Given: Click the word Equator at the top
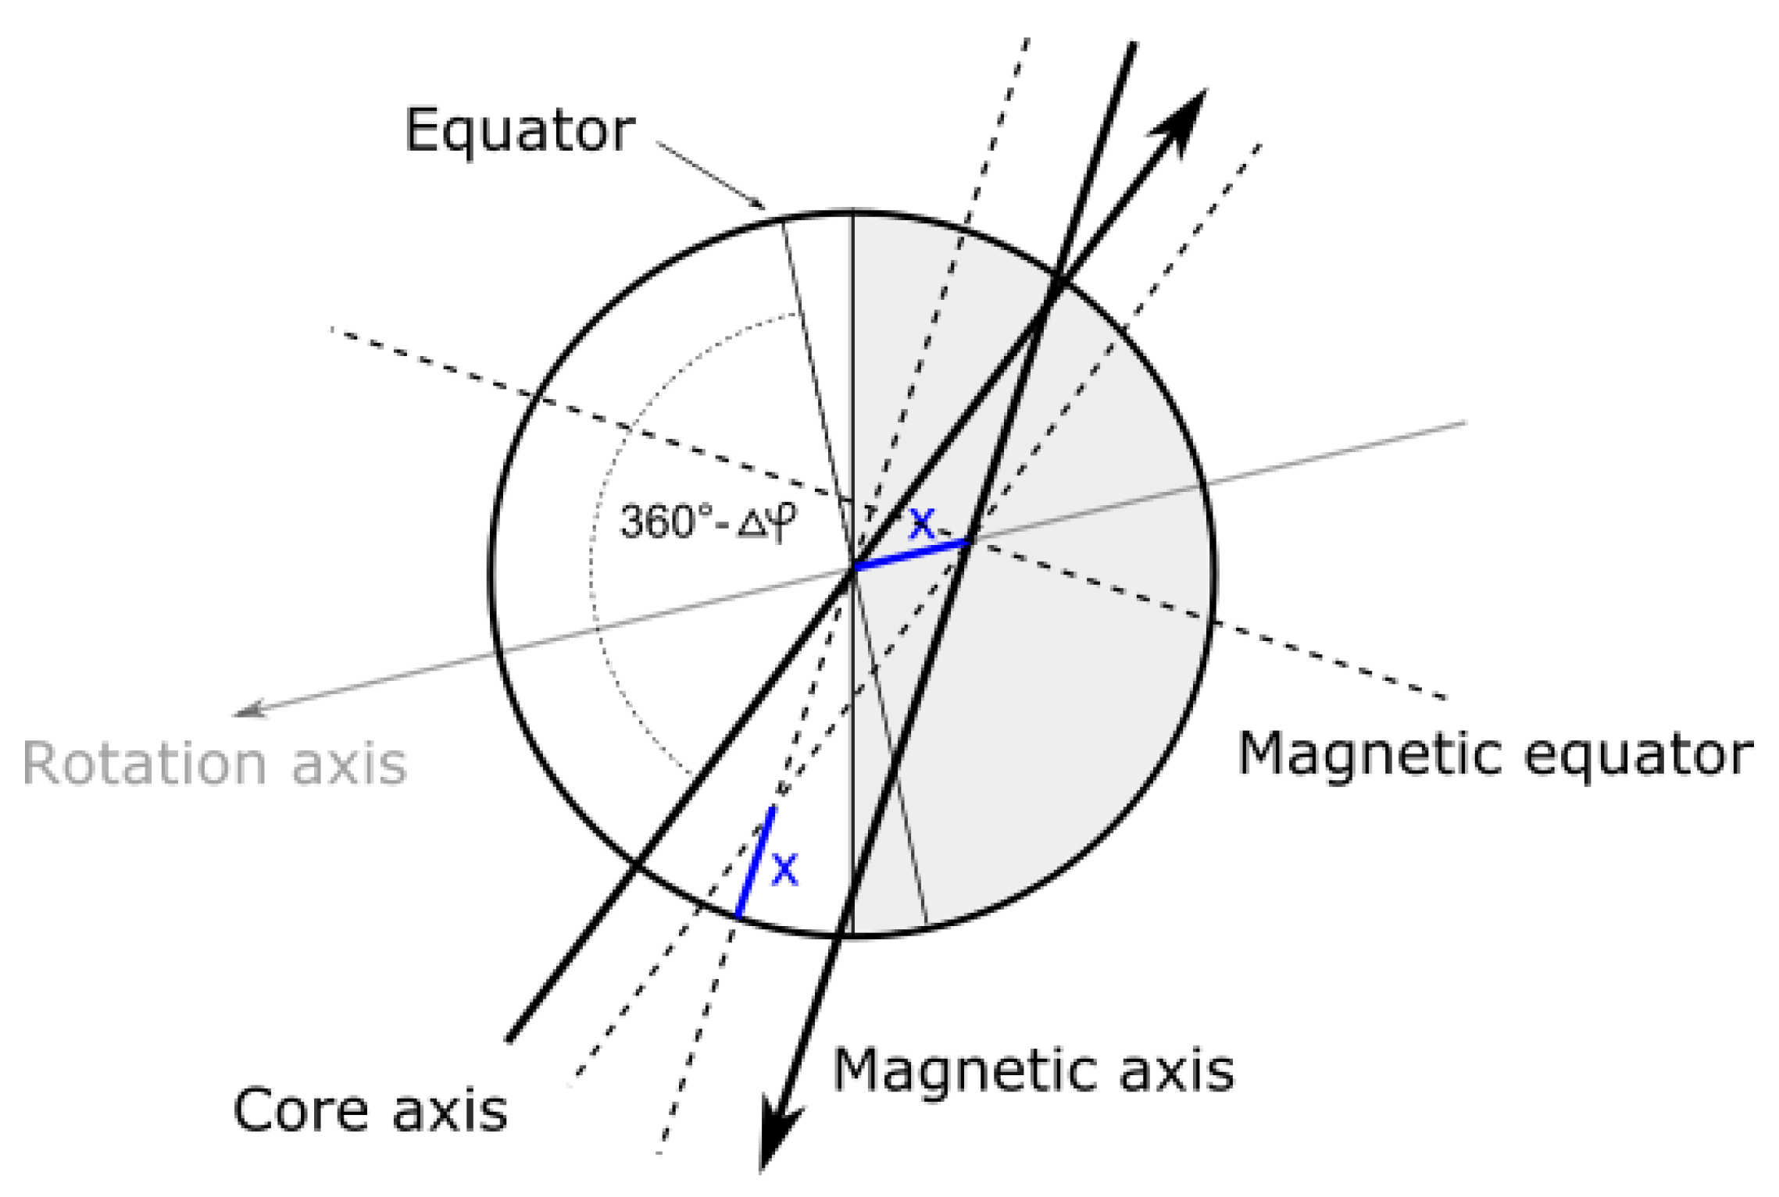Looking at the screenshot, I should coord(519,130).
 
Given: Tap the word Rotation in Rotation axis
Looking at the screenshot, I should coord(145,763).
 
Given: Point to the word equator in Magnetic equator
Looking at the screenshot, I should coord(1639,755).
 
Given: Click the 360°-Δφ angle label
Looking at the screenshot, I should coord(708,522).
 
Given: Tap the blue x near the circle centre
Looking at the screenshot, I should coord(922,524).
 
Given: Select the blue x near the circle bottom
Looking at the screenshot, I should coord(784,869).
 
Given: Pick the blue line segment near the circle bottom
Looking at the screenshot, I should coord(756,862).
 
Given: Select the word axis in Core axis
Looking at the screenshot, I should coord(449,1111).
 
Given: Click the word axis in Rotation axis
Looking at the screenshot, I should coord(349,763).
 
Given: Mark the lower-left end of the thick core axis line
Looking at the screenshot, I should coord(509,1040).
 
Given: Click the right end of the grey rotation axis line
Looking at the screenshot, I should coord(1465,423).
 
